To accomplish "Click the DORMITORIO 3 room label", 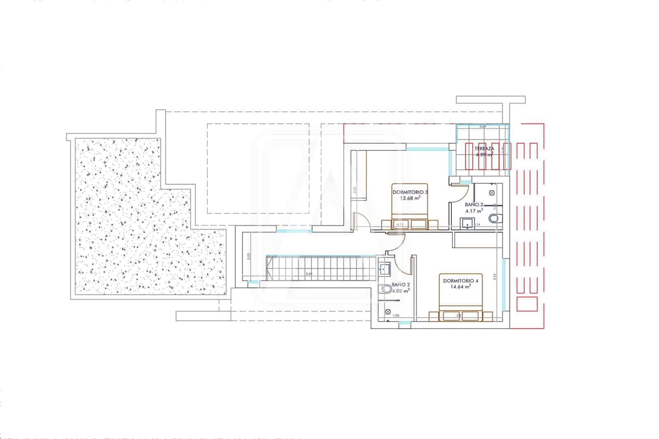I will pos(410,192).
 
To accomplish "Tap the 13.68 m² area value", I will pos(410,198).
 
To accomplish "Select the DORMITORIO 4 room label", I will pos(460,281).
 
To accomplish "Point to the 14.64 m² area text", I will pos(461,287).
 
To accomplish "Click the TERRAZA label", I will pos(484,148).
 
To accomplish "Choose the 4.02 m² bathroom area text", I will pos(400,291).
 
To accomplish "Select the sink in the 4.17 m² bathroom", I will pos(467,223).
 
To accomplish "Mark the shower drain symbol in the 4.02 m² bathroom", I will pos(388,312).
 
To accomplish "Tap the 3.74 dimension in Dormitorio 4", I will pos(495,277).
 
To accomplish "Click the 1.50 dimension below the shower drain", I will pos(396,316).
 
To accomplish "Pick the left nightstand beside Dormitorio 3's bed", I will pos(387,224).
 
